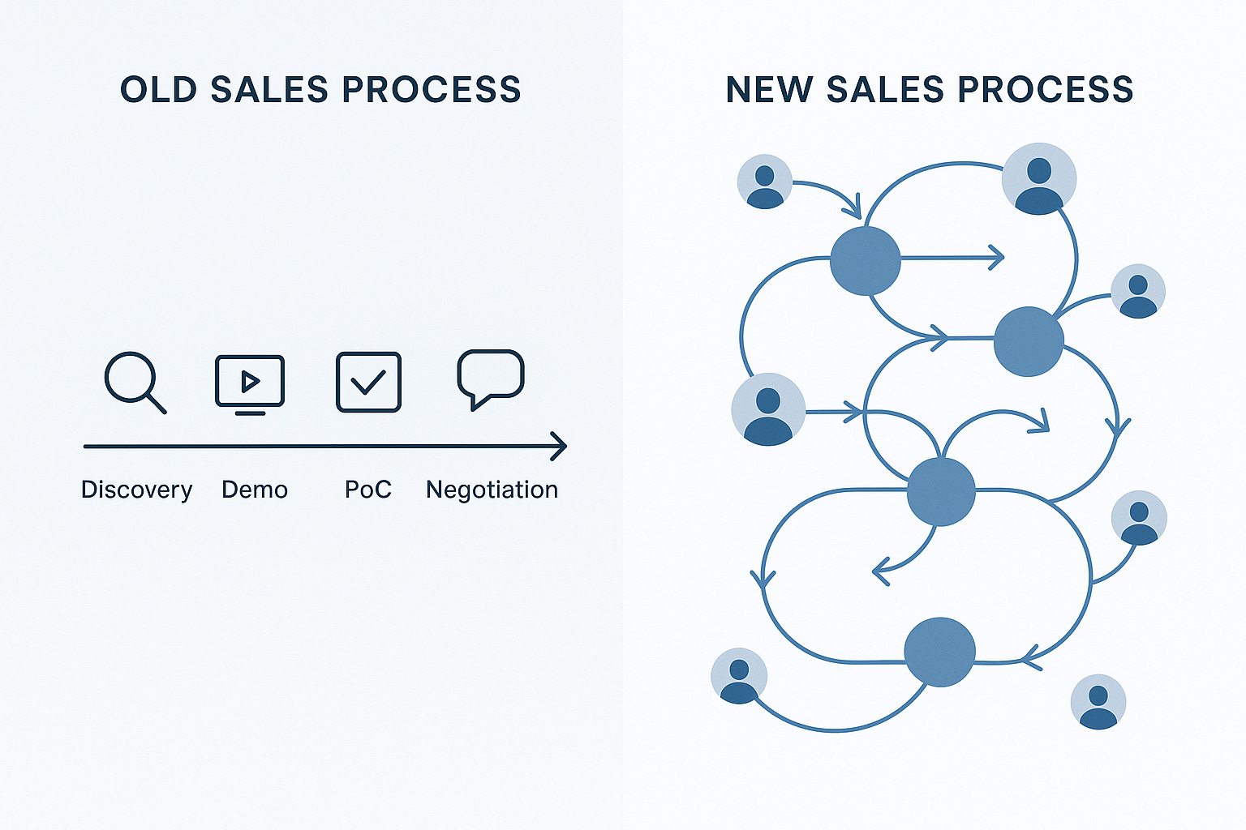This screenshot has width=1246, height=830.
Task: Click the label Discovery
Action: pos(137,490)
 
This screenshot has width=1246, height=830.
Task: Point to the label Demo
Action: pos(255,490)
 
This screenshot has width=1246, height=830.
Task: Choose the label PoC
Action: pos(368,490)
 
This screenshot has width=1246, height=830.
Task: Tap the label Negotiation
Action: pos(492,490)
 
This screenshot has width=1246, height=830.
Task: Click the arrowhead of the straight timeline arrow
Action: pos(560,446)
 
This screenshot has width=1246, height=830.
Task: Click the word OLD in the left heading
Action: pos(159,89)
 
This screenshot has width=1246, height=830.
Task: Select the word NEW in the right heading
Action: pos(768,89)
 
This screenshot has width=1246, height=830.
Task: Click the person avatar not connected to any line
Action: pos(1098,702)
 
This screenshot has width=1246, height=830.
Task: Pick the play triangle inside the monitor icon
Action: pos(250,380)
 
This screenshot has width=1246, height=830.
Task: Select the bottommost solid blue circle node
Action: pos(939,652)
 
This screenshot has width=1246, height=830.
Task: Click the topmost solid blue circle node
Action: pos(866,260)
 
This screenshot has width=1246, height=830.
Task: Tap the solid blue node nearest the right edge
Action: pos(1029,341)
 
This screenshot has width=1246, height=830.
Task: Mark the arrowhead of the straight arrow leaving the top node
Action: pos(998,258)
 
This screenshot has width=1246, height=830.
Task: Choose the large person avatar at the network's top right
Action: pos(1039,179)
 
